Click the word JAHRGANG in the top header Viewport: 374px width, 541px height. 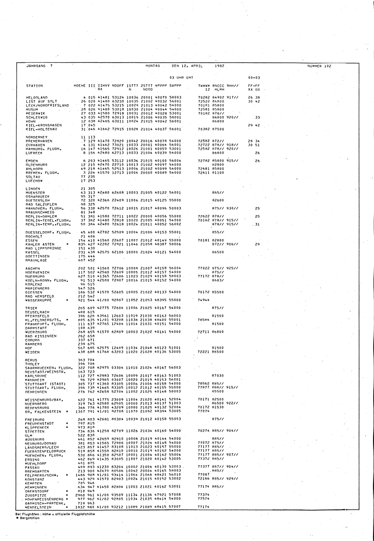pos(36,66)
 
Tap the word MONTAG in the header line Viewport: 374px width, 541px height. pos(153,66)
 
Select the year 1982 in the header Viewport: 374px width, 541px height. pos(220,66)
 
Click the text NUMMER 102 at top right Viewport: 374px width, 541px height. pos(319,66)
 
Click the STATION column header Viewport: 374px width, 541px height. pos(34,86)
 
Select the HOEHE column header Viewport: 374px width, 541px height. pos(80,86)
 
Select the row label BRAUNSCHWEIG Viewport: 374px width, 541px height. pos(40,212)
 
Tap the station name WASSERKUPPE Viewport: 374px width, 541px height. pos(39,300)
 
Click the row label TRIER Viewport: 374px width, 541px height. pos(31,308)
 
